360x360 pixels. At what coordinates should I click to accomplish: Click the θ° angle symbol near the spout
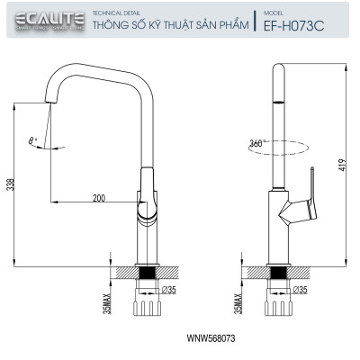point(32,140)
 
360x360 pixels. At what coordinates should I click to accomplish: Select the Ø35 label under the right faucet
point(301,290)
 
